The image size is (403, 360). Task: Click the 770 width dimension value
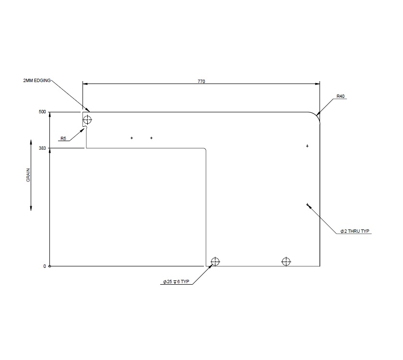(201, 82)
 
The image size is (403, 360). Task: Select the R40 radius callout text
(340, 96)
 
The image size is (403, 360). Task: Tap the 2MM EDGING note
(36, 81)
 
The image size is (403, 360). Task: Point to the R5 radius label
(63, 139)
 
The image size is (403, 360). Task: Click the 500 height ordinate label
(42, 112)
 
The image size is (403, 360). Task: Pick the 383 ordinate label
(42, 148)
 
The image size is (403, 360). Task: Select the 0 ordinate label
(45, 266)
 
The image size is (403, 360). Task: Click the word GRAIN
(29, 175)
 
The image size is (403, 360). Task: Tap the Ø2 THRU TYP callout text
(355, 231)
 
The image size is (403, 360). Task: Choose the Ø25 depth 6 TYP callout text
(178, 282)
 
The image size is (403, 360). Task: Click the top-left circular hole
(87, 119)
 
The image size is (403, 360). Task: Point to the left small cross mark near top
(131, 138)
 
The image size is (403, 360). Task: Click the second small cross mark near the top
(151, 138)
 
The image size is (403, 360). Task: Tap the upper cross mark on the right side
(307, 146)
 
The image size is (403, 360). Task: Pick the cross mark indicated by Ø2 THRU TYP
(307, 204)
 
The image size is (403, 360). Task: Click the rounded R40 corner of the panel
(315, 117)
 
